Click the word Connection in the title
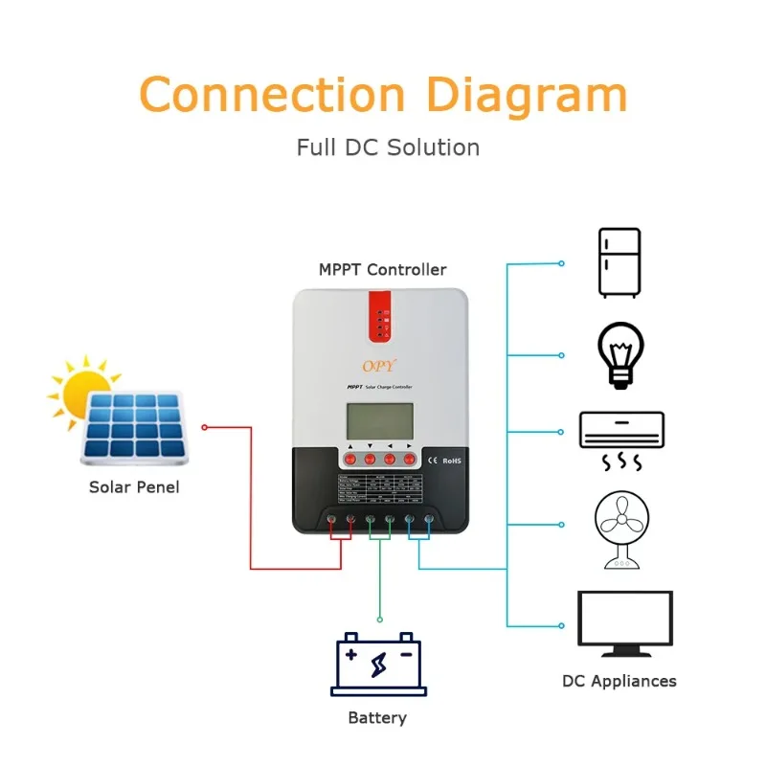tap(273, 95)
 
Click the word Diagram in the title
tap(526, 95)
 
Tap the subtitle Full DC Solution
tap(388, 147)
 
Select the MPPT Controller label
tap(382, 269)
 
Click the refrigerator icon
tap(619, 261)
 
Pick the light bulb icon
tap(620, 355)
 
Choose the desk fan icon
tap(620, 529)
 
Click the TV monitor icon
tap(624, 622)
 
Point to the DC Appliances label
tap(619, 682)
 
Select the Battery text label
tap(377, 718)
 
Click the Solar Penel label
tap(134, 487)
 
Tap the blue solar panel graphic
tap(134, 425)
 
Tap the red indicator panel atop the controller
tap(381, 322)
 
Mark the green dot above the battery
tap(379, 620)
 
